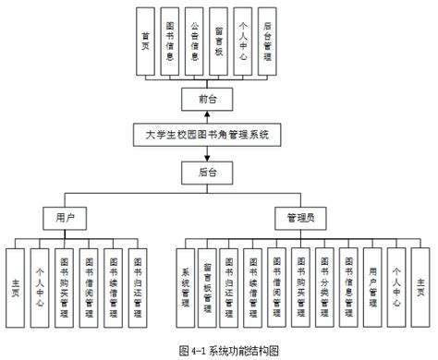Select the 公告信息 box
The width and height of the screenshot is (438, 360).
click(193, 41)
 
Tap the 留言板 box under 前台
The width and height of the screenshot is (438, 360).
click(217, 41)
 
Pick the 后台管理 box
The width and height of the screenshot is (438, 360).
click(266, 41)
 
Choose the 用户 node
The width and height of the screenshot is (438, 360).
click(65, 217)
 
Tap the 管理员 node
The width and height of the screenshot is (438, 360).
click(299, 217)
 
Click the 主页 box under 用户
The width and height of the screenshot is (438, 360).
click(16, 288)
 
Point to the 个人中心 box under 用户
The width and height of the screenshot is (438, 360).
click(40, 288)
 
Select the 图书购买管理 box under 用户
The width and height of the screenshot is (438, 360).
click(64, 288)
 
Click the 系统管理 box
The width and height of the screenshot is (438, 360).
click(186, 288)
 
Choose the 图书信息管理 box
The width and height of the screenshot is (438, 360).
click(348, 288)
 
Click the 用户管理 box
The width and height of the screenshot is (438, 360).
click(372, 288)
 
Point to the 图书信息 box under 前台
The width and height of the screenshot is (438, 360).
click(169, 41)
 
